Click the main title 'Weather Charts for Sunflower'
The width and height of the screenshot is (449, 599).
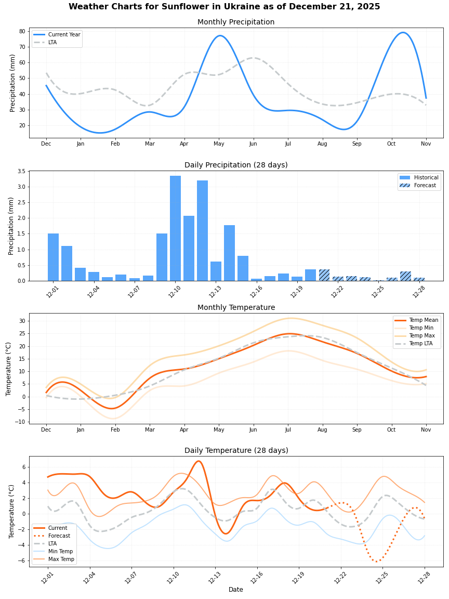click(224, 7)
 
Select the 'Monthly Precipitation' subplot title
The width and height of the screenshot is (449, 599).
click(236, 22)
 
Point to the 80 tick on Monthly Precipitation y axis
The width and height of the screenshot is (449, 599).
click(23, 31)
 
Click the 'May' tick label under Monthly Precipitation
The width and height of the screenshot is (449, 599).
click(219, 144)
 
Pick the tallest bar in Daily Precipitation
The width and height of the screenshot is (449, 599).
click(175, 228)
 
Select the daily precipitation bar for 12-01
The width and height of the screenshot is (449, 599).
click(53, 257)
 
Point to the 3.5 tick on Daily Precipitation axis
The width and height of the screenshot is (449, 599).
click(21, 171)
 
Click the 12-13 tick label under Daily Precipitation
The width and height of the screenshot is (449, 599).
click(214, 292)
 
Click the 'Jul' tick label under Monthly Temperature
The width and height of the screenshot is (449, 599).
click(288, 430)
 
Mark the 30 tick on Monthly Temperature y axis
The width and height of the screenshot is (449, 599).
click(22, 321)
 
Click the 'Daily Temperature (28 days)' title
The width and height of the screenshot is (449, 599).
click(236, 451)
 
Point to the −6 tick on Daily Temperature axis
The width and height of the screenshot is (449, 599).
click(21, 561)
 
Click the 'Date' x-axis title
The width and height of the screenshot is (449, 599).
click(236, 590)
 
